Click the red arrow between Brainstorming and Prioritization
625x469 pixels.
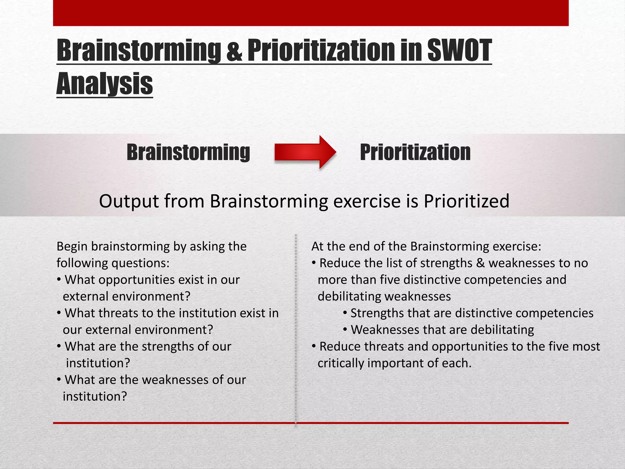pos(305,152)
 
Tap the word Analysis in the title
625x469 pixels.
pos(105,84)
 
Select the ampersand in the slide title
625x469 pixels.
pos(234,50)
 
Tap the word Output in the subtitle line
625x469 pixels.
pos(129,201)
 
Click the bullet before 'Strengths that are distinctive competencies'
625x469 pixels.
pos(345,313)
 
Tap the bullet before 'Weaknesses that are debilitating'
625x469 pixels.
pos(345,330)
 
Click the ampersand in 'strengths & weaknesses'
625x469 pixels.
pos(480,263)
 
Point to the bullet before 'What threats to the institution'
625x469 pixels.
pos(59,313)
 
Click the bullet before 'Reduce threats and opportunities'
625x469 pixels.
pos(314,347)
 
